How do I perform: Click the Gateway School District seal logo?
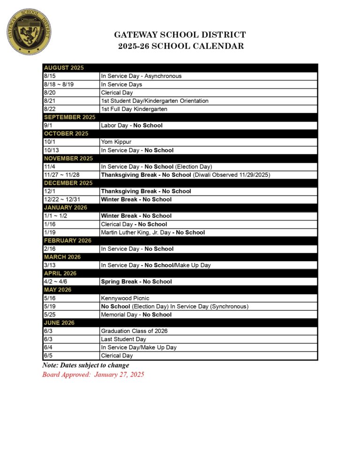tap(29, 30)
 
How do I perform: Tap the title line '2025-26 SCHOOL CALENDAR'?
tap(180, 46)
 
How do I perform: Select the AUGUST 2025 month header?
tap(64, 68)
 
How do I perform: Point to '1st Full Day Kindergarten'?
tap(134, 109)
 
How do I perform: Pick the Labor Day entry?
tap(132, 126)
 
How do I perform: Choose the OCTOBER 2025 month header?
tap(66, 134)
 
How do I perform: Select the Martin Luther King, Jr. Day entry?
tap(153, 233)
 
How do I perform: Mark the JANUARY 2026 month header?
tap(66, 208)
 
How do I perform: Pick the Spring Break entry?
tap(136, 282)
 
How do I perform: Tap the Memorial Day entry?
tap(136, 315)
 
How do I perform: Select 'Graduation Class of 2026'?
tap(134, 331)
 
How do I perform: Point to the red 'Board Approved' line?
tap(93, 375)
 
